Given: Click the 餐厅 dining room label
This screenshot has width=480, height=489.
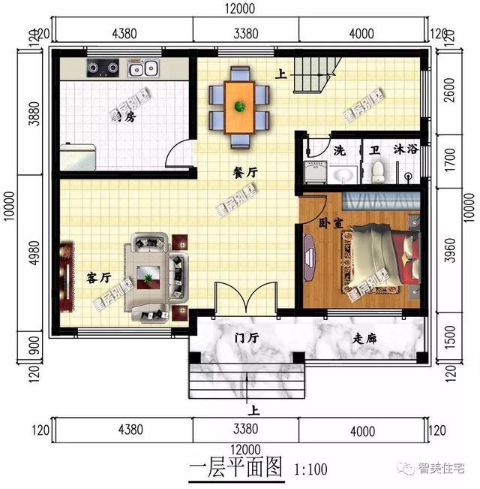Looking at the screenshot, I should pos(245,172).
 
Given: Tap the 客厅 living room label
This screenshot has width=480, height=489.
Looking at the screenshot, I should pos(99,278).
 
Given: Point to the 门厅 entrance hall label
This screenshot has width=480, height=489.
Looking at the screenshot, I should pos(246,339).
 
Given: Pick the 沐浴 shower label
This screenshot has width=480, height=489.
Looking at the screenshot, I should pos(405,150).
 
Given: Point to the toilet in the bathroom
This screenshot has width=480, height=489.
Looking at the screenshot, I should pos(379,171).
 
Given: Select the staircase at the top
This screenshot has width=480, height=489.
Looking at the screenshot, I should pos(312,75).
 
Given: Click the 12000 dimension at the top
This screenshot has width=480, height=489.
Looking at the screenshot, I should pos(240,10).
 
